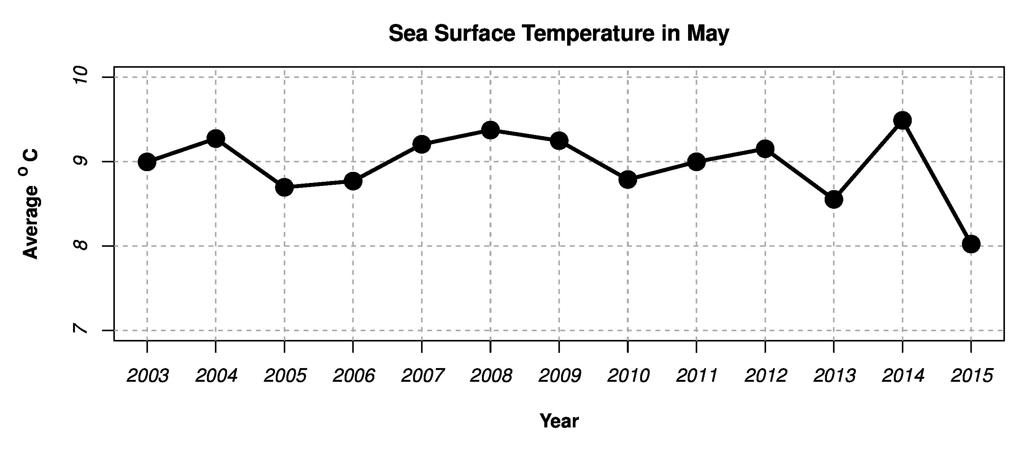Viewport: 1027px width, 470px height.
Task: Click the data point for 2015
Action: click(x=971, y=244)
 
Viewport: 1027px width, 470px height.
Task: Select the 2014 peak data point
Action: click(x=902, y=120)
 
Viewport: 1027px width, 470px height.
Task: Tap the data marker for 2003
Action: click(x=147, y=162)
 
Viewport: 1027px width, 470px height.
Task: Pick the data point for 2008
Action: click(x=490, y=130)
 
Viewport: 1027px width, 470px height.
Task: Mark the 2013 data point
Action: click(x=834, y=199)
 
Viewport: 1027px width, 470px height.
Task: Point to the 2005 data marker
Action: click(x=284, y=187)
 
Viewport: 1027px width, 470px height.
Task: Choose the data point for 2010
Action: click(x=628, y=180)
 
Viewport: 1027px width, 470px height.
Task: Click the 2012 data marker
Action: click(x=765, y=149)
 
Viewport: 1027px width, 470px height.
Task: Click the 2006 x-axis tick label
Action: click(x=354, y=376)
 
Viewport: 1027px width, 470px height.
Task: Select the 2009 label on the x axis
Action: click(x=560, y=376)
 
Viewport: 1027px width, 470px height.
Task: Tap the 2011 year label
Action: click(x=697, y=376)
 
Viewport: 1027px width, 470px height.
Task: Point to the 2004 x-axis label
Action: click(x=216, y=376)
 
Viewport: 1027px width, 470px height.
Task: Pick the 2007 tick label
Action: click(x=422, y=376)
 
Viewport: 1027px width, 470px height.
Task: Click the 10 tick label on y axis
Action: click(x=82, y=75)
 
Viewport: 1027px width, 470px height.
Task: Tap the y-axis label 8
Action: click(x=82, y=245)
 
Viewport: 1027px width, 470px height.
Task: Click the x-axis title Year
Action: click(x=558, y=421)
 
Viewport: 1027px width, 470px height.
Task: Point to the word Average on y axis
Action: click(x=30, y=222)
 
